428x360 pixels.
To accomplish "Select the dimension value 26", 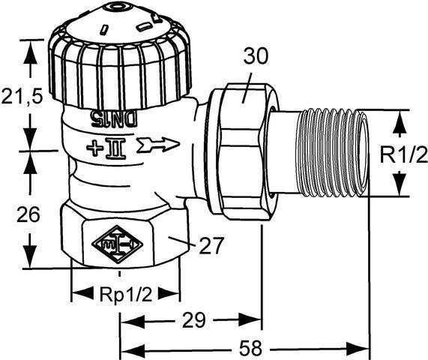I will pyautogui.click(x=28, y=214).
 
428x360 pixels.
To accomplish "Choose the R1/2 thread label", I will pyautogui.click(x=402, y=154).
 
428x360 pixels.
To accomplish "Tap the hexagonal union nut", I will pyautogui.click(x=240, y=154).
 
